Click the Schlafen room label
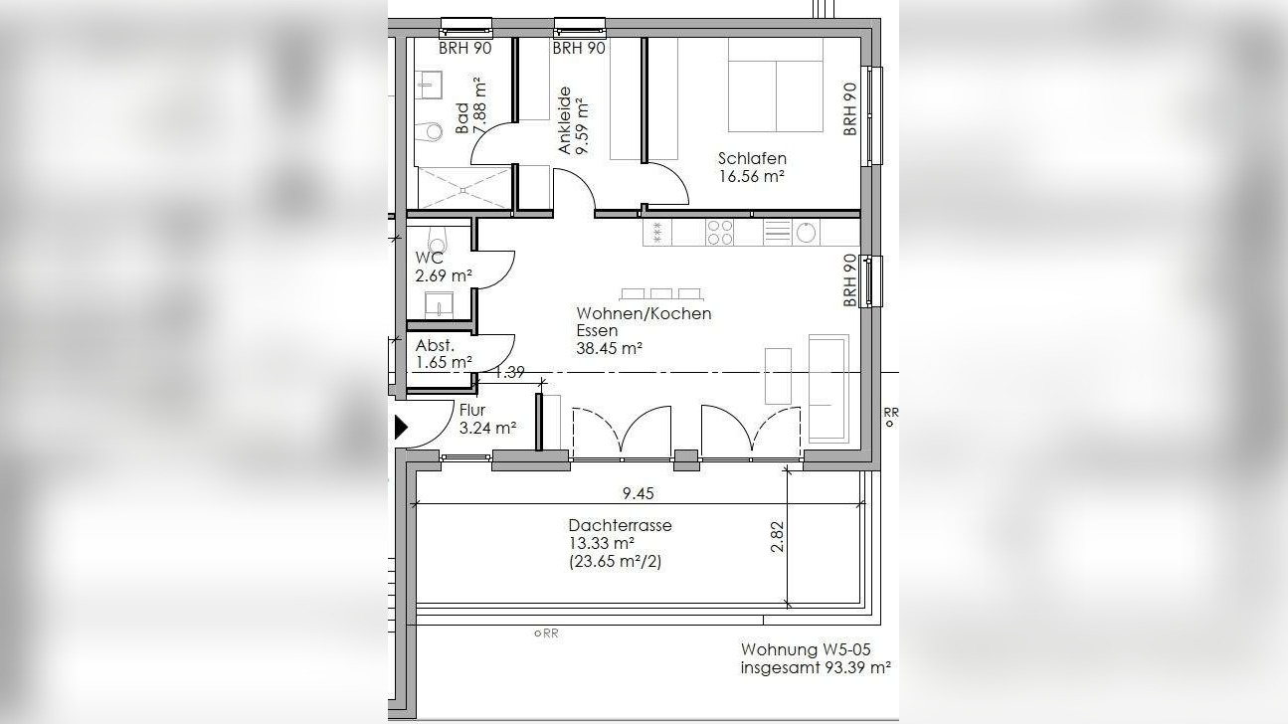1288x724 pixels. (752, 158)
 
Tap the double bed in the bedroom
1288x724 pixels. (776, 86)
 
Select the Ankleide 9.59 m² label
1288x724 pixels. (573, 120)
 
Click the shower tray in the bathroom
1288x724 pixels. (464, 188)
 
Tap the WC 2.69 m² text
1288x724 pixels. (444, 267)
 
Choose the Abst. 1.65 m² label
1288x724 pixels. (444, 354)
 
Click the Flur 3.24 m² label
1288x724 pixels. (487, 419)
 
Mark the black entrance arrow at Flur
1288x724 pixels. (401, 428)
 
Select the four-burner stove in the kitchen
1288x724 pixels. (719, 233)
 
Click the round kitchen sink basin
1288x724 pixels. (805, 233)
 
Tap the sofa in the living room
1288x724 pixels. (828, 389)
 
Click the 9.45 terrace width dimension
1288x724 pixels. (639, 493)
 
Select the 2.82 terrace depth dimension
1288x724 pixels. (777, 536)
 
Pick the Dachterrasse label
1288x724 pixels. (620, 525)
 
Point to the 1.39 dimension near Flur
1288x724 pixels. (509, 373)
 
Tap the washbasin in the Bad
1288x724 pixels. (429, 86)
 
